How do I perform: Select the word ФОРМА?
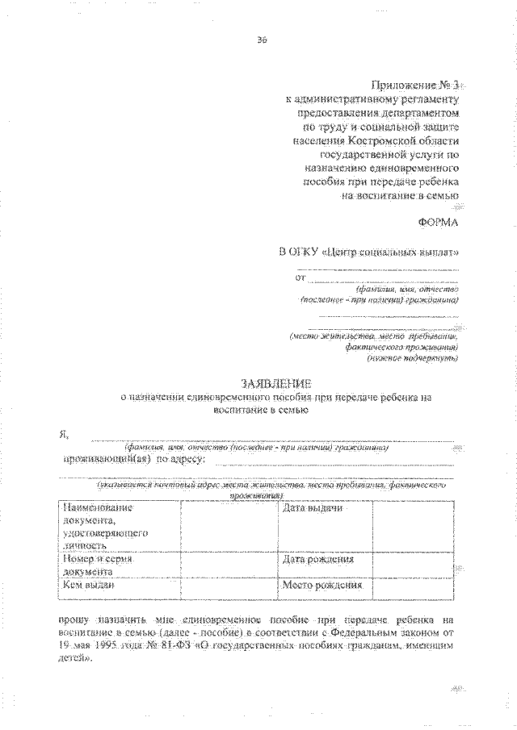[439, 221]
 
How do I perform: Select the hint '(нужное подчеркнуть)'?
[413, 357]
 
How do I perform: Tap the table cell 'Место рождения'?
[322, 586]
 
